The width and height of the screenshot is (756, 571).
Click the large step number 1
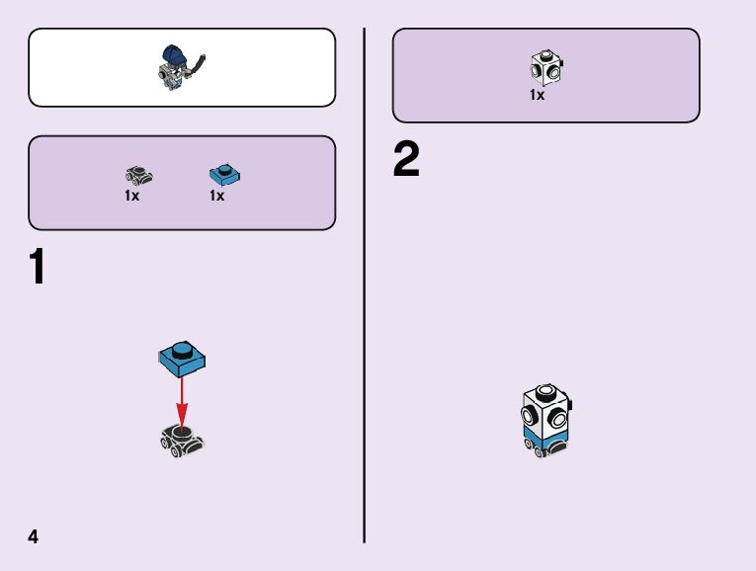38,268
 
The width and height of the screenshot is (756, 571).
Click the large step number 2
406,161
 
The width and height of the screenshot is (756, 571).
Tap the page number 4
34,536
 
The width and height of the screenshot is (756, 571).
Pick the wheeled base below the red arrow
183,439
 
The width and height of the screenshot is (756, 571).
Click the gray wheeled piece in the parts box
139,176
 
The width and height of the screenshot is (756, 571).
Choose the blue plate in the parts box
226,175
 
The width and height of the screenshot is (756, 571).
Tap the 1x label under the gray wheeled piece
131,196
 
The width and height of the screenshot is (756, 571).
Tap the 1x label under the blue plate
217,196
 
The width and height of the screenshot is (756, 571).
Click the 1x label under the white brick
537,96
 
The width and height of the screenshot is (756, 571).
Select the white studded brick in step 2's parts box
545,67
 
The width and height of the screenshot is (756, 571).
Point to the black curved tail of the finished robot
200,66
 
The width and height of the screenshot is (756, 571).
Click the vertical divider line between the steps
365,286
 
